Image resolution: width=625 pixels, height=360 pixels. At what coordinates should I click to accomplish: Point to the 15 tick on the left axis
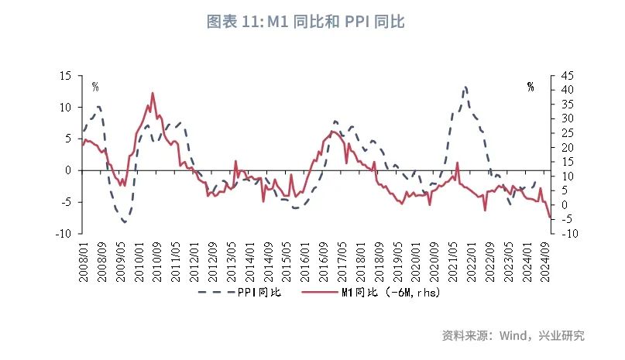point(65,76)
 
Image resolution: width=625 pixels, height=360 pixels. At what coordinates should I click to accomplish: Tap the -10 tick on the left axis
point(64,233)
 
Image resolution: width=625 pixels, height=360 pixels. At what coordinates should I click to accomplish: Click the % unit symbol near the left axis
point(95,87)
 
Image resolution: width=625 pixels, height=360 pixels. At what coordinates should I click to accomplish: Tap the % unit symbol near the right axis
point(531,87)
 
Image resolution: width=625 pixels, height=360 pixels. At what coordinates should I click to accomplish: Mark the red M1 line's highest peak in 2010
point(153,93)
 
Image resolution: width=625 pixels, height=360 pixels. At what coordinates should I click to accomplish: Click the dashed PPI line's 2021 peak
point(465,87)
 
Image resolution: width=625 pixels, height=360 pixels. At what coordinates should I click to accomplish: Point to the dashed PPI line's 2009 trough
point(124,222)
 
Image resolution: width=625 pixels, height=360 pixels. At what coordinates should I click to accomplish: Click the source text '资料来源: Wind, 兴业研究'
point(513,336)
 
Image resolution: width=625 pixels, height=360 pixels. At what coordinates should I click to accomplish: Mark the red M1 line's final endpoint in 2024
point(549,218)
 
